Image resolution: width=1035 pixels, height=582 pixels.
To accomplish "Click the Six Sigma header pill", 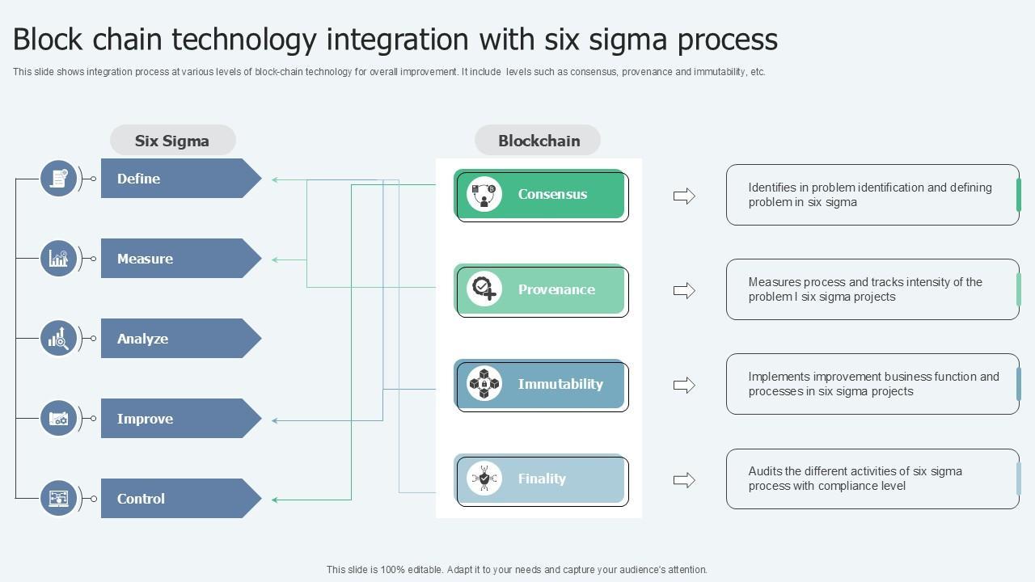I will [x=172, y=141].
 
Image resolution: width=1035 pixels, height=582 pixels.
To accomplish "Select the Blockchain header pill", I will [x=539, y=141].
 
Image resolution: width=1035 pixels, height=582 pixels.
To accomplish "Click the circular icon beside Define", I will [x=59, y=179].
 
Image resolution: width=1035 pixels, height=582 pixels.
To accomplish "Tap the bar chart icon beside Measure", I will [x=59, y=259].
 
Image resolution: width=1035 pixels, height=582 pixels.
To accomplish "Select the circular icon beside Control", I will [x=59, y=499].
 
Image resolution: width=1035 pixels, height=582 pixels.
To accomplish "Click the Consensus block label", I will [x=552, y=194].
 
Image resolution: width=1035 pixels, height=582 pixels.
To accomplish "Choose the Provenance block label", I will [x=556, y=289].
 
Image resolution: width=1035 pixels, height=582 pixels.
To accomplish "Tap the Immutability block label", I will [x=560, y=384].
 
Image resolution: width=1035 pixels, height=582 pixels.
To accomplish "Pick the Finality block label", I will [x=542, y=479].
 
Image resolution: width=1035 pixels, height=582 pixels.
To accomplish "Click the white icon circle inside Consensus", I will [x=484, y=194].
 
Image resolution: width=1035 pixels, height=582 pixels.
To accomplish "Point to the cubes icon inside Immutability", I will [x=484, y=384].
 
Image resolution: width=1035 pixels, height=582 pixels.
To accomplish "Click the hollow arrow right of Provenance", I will [x=684, y=291].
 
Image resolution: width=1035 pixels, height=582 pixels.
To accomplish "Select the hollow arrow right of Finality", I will [x=684, y=480].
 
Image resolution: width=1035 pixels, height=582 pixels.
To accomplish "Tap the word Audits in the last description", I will [x=765, y=471].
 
